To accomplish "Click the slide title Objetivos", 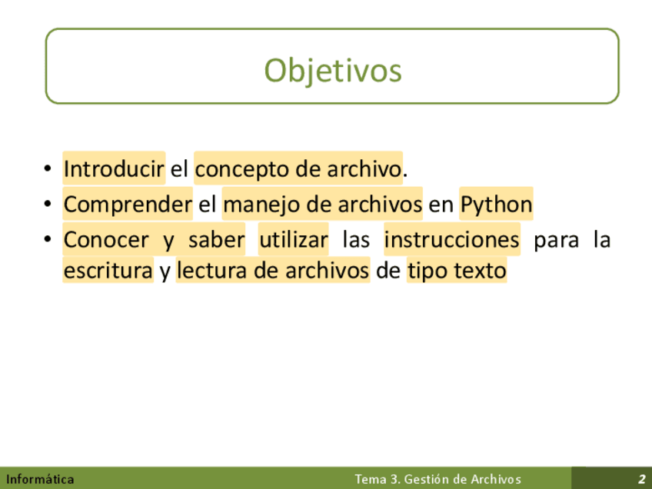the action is (x=333, y=71).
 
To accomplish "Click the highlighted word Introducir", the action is (x=114, y=168).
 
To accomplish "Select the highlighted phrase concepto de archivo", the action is (x=298, y=169).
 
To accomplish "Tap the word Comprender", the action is (x=128, y=205).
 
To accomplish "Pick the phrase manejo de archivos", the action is (x=322, y=205).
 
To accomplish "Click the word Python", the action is (x=496, y=205).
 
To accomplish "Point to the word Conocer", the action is (x=106, y=240).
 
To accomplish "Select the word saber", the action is (x=216, y=240).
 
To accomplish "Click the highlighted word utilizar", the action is (x=294, y=240).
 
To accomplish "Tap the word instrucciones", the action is (x=452, y=240).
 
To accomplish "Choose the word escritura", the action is (x=108, y=271).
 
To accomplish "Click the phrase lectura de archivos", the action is (x=273, y=271).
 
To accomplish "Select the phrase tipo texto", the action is (x=457, y=271).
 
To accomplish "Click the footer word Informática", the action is (x=40, y=479).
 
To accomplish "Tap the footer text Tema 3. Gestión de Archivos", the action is (x=437, y=479).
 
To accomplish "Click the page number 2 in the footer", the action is (x=641, y=479).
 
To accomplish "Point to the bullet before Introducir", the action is (x=48, y=168).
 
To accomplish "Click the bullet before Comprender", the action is (x=48, y=204).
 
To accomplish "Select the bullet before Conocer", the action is (x=48, y=239).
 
